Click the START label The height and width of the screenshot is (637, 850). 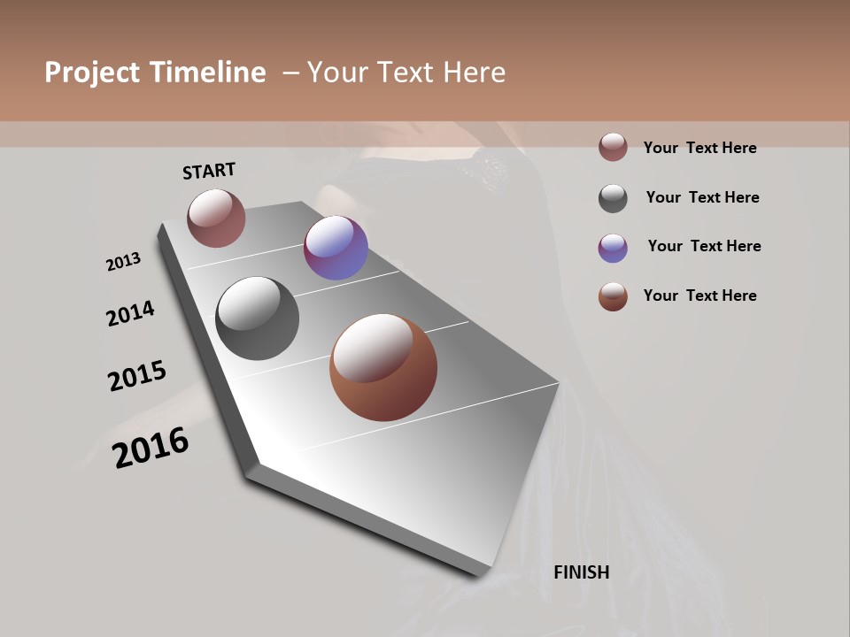click(x=209, y=171)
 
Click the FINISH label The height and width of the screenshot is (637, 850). click(x=582, y=572)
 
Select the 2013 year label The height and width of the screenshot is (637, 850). click(x=123, y=262)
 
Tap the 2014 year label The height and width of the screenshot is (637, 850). click(x=130, y=313)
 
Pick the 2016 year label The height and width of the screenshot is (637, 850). click(x=151, y=448)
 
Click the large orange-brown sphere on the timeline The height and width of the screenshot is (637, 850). click(x=383, y=367)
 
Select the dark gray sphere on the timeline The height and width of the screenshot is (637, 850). click(x=257, y=318)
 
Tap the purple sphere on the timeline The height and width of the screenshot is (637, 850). click(x=336, y=248)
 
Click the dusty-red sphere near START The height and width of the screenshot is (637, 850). click(x=216, y=218)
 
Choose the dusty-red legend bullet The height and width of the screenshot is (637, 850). click(x=613, y=148)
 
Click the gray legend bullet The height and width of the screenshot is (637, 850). click(x=613, y=198)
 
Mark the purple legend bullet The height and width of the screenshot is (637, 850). click(x=613, y=248)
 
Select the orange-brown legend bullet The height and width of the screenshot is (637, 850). click(x=613, y=296)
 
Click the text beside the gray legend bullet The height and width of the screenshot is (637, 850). click(x=702, y=197)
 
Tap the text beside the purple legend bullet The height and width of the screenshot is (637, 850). click(x=704, y=246)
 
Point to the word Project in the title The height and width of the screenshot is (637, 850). click(x=91, y=73)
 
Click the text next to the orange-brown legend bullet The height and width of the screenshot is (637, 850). click(x=699, y=295)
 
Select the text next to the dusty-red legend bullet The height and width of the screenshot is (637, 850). click(x=699, y=148)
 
